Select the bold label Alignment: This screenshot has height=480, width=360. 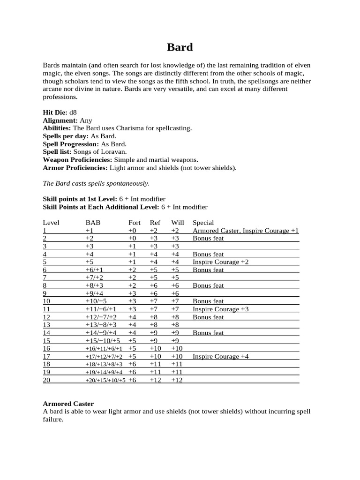(x=60, y=120)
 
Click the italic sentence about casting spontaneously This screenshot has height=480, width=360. (x=96, y=183)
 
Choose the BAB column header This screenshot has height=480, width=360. (x=93, y=223)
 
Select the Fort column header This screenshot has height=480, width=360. (x=134, y=223)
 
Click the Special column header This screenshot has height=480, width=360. (x=203, y=223)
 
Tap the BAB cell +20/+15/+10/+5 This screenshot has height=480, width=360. (x=105, y=380)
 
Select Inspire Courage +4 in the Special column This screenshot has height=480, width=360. (x=221, y=357)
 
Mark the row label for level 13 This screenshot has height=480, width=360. (x=46, y=325)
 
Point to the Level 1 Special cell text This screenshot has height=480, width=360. (x=246, y=231)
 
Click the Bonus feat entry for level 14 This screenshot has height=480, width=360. (x=208, y=333)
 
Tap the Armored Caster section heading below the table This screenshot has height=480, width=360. (x=68, y=404)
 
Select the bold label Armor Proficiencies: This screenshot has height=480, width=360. (x=75, y=168)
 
